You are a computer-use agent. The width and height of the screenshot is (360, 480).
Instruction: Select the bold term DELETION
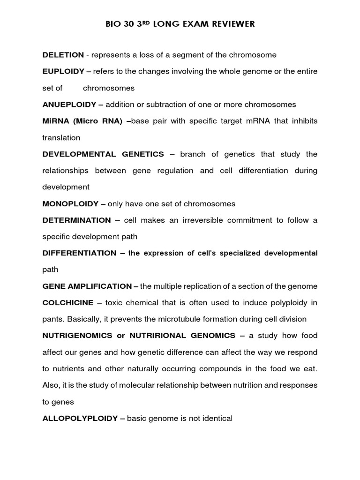coord(63,55)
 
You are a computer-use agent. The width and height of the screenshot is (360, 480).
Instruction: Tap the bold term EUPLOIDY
coord(63,71)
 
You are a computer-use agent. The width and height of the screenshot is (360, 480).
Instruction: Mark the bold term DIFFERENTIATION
coord(79,253)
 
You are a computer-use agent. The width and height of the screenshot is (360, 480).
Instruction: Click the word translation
coord(61,138)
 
